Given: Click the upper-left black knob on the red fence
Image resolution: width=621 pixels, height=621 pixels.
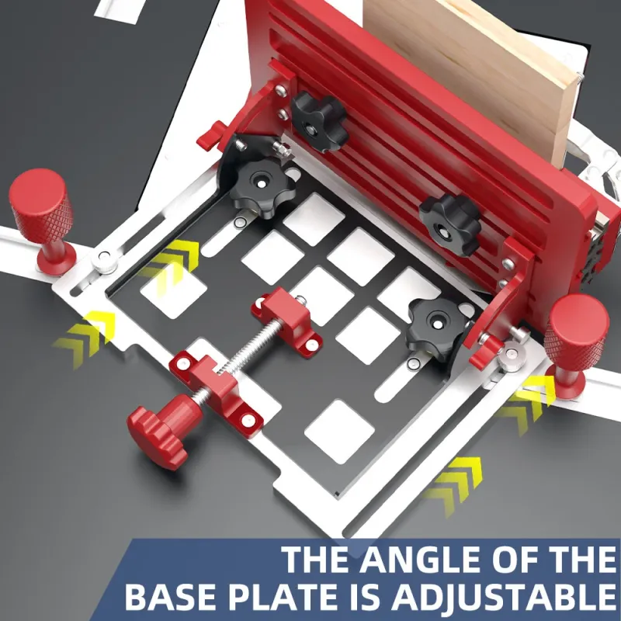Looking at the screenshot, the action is [x=319, y=121].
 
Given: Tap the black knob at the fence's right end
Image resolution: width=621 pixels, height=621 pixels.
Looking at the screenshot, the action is [x=451, y=224].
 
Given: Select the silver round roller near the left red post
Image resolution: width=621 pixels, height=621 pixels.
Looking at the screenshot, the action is [x=105, y=260].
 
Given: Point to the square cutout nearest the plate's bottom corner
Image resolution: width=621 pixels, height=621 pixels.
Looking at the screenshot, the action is [x=340, y=432].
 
